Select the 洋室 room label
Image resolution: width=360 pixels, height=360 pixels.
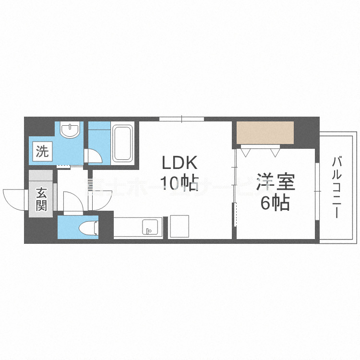click(x=275, y=184)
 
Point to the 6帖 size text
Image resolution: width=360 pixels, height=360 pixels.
click(x=275, y=204)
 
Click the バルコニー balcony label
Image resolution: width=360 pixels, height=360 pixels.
click(x=336, y=187)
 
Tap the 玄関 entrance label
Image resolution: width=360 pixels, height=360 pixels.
click(x=41, y=200)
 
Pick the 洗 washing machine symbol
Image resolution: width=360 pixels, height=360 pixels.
click(x=42, y=152)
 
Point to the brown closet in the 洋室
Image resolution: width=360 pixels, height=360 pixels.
click(x=264, y=133)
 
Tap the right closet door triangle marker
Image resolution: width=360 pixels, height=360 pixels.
click(x=275, y=152)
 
